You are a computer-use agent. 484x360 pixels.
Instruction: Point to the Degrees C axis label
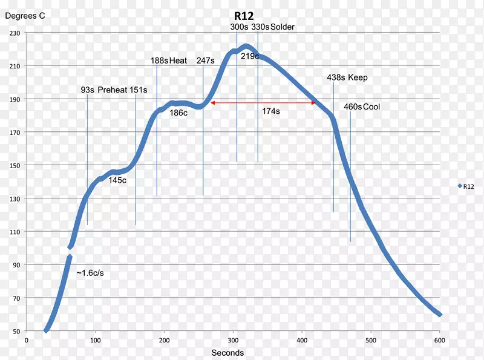click(x=25, y=16)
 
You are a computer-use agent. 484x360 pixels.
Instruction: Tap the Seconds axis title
click(x=227, y=353)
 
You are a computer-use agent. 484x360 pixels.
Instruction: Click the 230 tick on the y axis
click(x=15, y=33)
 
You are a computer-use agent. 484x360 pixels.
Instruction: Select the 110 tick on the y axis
click(x=15, y=232)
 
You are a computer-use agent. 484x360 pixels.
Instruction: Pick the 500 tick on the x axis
click(x=302, y=340)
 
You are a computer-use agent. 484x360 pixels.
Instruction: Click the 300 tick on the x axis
click(x=233, y=340)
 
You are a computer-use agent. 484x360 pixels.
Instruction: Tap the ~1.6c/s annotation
click(x=90, y=273)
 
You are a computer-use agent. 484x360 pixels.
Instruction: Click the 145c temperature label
click(x=117, y=180)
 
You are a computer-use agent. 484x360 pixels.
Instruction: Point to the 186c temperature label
click(x=178, y=112)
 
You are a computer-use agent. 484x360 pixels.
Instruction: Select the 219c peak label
click(x=250, y=56)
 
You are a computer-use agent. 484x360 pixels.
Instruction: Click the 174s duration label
click(x=271, y=111)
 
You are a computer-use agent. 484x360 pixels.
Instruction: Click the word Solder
click(x=283, y=27)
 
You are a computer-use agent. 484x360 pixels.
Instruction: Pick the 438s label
click(x=335, y=77)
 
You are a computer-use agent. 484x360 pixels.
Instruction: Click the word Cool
click(x=372, y=106)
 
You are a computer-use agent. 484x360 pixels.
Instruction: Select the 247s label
click(x=205, y=61)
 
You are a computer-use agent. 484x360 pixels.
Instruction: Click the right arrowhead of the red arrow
click(x=313, y=103)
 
